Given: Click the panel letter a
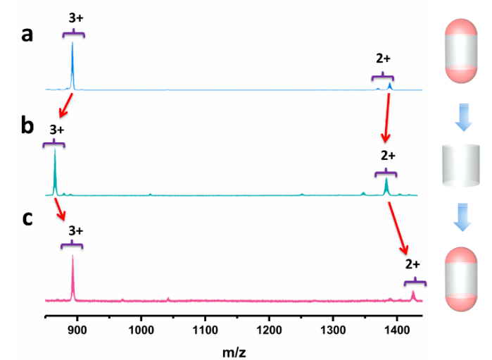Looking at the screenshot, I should point(27,35).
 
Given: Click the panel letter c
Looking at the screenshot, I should point(27,218).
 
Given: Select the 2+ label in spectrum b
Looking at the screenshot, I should point(388,156).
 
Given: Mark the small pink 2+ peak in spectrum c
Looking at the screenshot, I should point(413,294).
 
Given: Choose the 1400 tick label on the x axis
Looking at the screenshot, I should point(397,328).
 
